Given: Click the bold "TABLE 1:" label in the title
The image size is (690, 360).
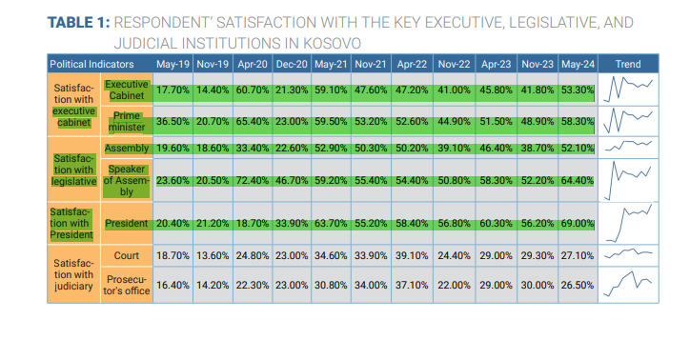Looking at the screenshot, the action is [x=78, y=23].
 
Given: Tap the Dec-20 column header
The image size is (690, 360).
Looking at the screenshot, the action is [x=292, y=64].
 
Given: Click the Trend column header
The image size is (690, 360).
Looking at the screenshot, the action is [x=628, y=64].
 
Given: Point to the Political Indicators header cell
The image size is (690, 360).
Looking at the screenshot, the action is [x=91, y=64].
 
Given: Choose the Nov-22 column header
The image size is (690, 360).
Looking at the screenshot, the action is [x=454, y=64].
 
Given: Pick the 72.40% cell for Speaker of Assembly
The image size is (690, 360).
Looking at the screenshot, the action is [x=253, y=180].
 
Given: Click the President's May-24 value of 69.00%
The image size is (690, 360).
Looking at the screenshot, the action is [x=578, y=223].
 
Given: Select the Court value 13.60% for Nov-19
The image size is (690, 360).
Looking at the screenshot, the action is [x=213, y=255].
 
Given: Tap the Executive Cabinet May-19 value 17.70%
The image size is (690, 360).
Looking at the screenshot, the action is [x=172, y=90].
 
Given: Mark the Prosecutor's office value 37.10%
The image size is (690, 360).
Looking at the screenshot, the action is [x=412, y=286].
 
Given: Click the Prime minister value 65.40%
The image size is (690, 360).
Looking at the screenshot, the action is [x=253, y=121].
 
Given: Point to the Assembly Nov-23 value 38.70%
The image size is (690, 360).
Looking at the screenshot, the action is [x=538, y=149].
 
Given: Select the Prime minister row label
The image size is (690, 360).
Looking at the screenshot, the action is [x=127, y=121].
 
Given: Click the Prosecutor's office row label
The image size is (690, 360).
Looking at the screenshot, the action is [x=127, y=286].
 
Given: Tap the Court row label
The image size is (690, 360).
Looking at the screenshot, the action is [x=127, y=255].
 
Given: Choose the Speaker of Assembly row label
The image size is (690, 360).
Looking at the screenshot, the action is [x=127, y=180].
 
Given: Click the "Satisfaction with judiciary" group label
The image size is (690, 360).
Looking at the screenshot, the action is [x=73, y=274].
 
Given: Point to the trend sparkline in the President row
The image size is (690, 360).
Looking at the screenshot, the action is [x=628, y=223].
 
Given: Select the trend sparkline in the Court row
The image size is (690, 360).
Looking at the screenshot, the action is [x=628, y=253].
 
